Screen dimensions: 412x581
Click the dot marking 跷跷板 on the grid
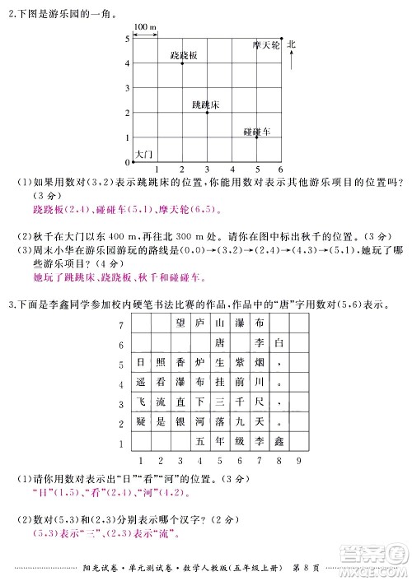click(182, 63)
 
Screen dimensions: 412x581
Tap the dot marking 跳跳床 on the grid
click(207, 112)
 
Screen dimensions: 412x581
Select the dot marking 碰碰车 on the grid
click(256, 137)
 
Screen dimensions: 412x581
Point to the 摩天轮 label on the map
click(266, 46)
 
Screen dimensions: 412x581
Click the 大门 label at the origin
click(143, 154)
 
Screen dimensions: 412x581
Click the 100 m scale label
click(145, 27)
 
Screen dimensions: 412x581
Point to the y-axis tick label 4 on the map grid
click(126, 63)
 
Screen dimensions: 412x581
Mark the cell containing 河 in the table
click(199, 423)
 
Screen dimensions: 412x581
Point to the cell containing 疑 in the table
click(140, 423)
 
